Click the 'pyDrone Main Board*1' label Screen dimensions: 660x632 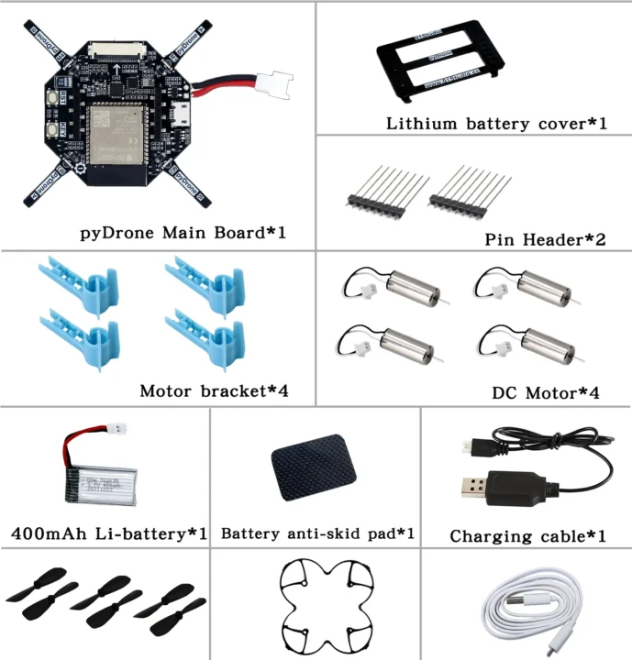point(183,232)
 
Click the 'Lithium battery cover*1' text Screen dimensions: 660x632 point(496,123)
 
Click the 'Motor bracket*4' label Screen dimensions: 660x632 point(214,391)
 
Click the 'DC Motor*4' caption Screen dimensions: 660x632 point(546,393)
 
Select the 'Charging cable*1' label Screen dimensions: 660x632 point(527,535)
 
